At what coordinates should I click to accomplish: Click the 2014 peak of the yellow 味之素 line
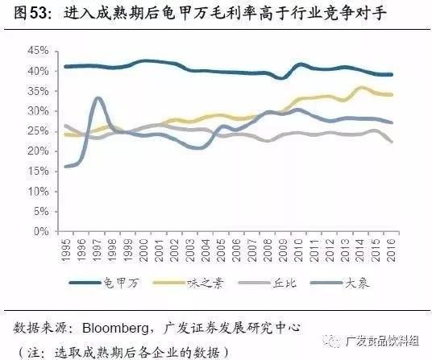point(362,88)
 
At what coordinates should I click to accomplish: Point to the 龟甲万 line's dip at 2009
point(282,77)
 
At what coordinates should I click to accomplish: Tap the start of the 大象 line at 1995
point(65,167)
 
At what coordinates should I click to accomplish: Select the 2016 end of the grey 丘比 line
point(392,142)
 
